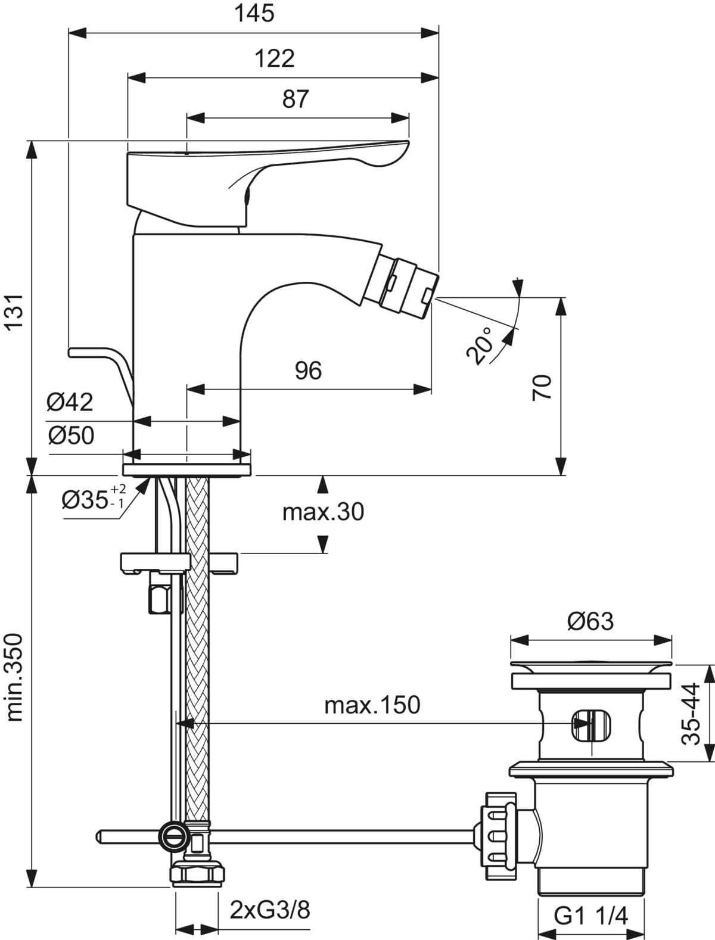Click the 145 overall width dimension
tap(254, 13)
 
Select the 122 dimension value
tap(275, 58)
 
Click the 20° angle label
tap(480, 345)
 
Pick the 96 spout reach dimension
tap(308, 371)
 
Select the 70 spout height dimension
tap(542, 388)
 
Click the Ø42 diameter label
tap(70, 402)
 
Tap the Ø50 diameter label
tap(71, 435)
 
